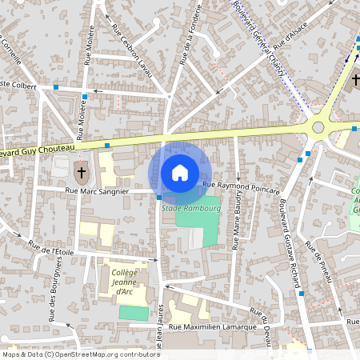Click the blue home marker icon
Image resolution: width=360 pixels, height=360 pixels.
[x=180, y=172]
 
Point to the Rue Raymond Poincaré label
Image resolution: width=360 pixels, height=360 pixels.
[x=241, y=188]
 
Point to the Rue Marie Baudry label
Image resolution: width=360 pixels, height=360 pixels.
[x=238, y=226]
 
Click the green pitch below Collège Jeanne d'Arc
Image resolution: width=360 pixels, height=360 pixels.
[x=134, y=313]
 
